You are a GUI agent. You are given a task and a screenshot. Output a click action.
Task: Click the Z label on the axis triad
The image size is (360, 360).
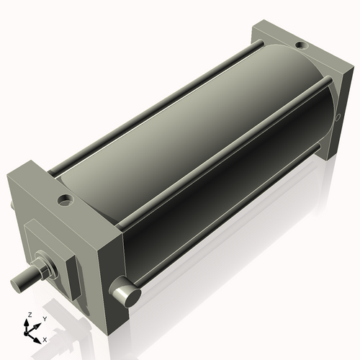(x=29, y=315)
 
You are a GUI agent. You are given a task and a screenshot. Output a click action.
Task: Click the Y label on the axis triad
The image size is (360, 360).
(x=44, y=318)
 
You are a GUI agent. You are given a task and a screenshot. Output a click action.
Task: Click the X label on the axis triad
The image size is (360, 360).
(x=45, y=338)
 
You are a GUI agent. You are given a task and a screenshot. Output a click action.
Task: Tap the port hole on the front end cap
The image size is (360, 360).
(x=66, y=198)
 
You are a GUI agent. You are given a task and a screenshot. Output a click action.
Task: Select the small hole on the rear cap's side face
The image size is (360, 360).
(x=337, y=115)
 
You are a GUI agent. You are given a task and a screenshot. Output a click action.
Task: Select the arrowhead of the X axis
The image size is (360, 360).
(x=39, y=338)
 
